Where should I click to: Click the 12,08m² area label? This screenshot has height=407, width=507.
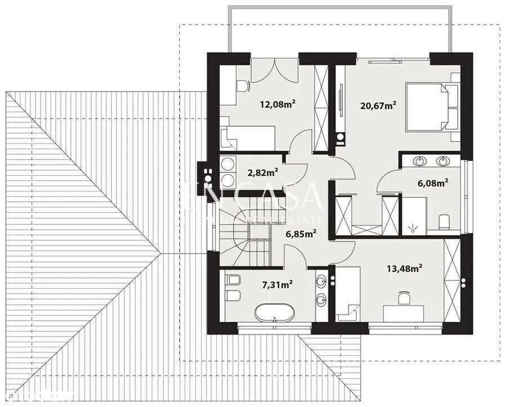click(278, 104)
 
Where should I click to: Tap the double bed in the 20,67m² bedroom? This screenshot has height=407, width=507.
click(436, 107)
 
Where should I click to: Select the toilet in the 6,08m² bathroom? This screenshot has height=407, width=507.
click(443, 221)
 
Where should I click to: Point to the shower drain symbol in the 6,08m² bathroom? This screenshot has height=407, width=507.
click(414, 227)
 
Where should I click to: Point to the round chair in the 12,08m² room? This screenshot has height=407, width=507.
click(242, 86)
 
